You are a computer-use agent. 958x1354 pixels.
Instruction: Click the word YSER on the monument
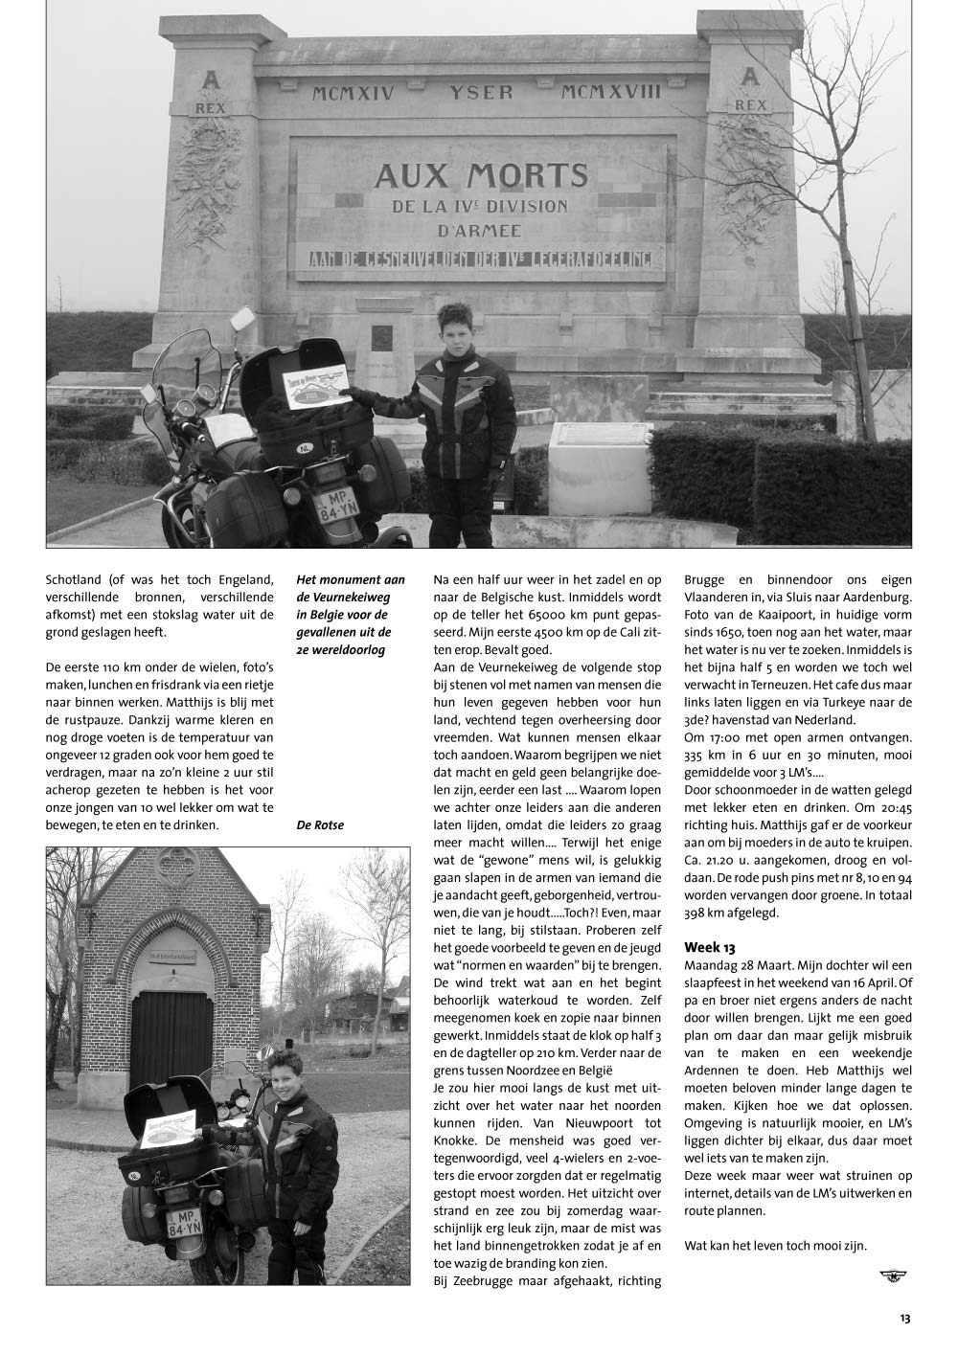[x=481, y=92]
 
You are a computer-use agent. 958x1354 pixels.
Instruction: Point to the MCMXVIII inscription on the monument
[x=612, y=91]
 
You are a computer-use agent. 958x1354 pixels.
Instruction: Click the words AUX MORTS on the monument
[x=480, y=175]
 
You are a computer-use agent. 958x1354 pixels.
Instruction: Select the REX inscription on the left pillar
[x=210, y=108]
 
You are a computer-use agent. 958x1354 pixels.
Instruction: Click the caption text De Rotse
[x=320, y=825]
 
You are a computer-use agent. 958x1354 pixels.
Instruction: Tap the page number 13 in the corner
[x=904, y=1319]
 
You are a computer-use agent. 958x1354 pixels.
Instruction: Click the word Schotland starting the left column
[x=76, y=579]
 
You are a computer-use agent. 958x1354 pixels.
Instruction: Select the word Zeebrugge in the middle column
[x=484, y=1280]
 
